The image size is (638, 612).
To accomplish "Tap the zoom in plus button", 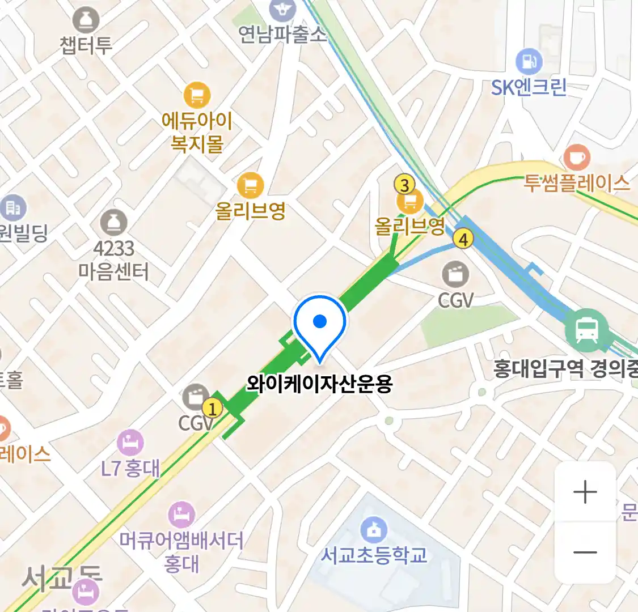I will tap(585, 492).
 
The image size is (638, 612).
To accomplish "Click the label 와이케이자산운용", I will tap(319, 384).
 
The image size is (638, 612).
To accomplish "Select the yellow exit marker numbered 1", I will tap(212, 408).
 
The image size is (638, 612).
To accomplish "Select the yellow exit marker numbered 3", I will tap(404, 185).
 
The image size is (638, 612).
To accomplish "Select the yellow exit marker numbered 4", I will tap(463, 239).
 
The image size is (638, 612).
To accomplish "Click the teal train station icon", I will tap(586, 330).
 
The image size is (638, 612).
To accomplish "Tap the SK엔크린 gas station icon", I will tap(529, 61).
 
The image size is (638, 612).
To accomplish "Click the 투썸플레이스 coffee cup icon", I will tap(577, 157).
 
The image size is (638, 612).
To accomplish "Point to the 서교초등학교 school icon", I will tap(374, 530).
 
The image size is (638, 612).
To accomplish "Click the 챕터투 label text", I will tap(86, 45).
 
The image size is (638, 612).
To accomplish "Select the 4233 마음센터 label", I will tap(113, 260).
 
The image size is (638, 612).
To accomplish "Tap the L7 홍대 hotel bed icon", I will tap(130, 443).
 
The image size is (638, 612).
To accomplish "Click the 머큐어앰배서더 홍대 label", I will tap(181, 551).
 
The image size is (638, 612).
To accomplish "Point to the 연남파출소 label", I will tap(282, 34).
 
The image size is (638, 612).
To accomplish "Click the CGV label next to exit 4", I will tap(455, 300).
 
